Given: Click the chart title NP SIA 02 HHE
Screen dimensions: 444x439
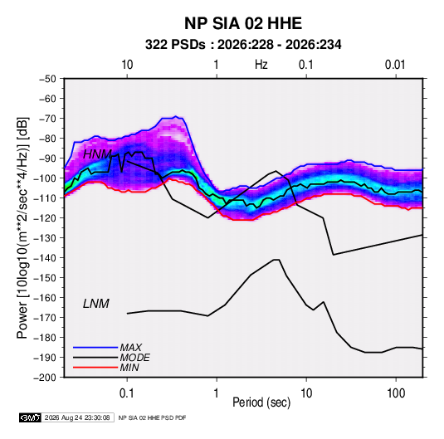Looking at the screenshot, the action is coord(243,23).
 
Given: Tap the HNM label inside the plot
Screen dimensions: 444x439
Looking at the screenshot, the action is coord(97,154).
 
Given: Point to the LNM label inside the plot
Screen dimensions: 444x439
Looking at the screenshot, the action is coord(96,304).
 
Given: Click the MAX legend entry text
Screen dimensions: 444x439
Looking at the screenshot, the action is coord(130,348).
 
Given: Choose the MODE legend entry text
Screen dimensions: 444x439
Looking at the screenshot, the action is coord(134,358).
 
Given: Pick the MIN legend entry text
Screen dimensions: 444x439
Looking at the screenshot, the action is coord(129,368).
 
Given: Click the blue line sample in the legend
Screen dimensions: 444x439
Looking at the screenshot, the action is coord(95,348).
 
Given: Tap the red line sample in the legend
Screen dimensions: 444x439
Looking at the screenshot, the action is coord(95,368).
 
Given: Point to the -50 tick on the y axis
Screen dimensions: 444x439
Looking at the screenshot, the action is coord(47,79).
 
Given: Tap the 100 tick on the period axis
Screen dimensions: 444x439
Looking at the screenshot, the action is coord(396,393).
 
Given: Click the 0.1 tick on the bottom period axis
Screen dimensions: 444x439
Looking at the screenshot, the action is coord(127,393).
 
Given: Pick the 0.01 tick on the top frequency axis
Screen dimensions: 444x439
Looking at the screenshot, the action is coord(395,65).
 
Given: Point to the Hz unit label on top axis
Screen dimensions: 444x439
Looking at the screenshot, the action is coord(261,65).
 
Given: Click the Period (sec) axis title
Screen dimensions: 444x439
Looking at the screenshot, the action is coord(261,402).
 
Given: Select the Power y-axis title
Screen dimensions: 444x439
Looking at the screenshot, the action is coord(22,227).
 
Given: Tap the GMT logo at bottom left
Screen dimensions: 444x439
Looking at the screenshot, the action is coord(31,417).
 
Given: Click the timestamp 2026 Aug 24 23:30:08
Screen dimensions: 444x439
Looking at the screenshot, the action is coord(77,417).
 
